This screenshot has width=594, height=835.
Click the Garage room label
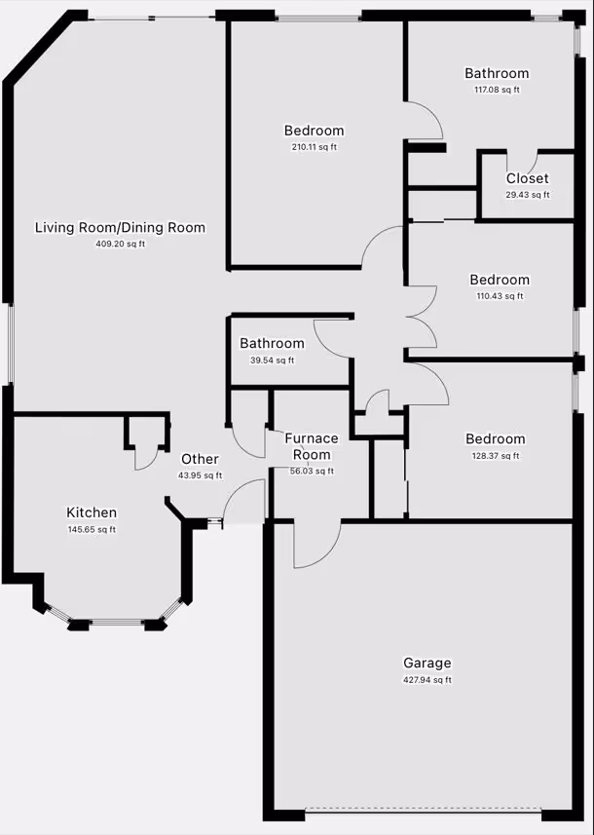427,663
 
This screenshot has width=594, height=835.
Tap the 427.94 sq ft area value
427,680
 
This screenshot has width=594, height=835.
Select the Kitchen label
92,512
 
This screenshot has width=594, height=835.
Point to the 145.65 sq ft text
92,529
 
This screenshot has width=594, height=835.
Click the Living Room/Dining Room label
121,227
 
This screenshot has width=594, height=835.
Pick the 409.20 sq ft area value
121,245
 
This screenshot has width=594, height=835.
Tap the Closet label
527,178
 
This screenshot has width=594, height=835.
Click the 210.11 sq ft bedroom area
314,147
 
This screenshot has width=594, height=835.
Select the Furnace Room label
312,446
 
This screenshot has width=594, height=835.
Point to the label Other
200,459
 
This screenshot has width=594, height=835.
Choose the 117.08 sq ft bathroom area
498,90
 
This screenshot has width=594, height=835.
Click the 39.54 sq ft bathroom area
272,360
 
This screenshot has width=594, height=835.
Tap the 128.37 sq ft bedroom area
496,455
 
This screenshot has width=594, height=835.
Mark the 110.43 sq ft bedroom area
500,295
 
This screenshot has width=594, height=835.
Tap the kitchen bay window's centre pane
117,622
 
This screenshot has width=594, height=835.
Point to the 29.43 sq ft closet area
528,195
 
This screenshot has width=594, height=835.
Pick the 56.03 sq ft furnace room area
312,472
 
